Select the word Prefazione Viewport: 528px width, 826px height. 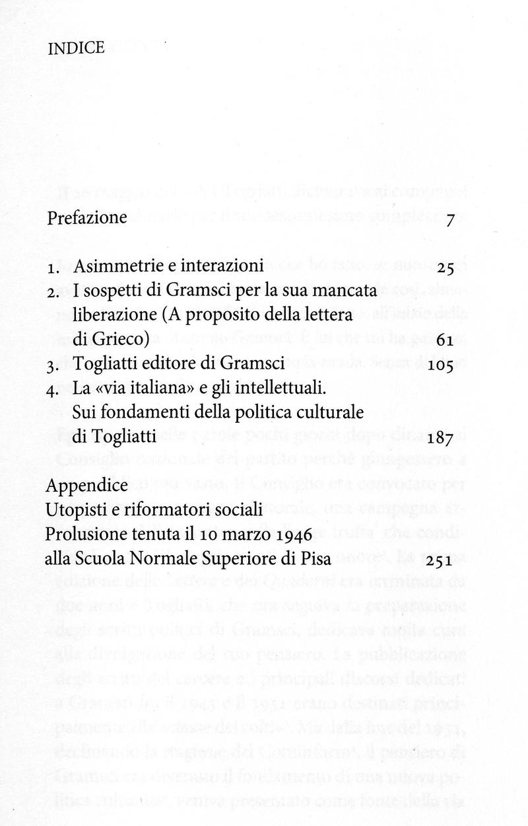[x=87, y=218]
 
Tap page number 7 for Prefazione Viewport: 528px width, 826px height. [x=451, y=219]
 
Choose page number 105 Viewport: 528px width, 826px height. [x=444, y=364]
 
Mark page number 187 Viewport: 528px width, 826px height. [x=443, y=437]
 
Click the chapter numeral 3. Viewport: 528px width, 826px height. [x=51, y=364]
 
